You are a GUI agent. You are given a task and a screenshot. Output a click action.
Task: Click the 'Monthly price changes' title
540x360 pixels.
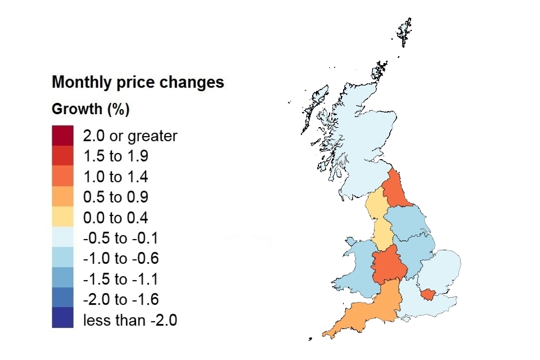138,82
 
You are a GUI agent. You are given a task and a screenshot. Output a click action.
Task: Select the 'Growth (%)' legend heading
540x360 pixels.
91,109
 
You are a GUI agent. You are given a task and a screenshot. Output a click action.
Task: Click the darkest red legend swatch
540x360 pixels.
62,136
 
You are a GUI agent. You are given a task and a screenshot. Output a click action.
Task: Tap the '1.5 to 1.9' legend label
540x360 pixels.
116,156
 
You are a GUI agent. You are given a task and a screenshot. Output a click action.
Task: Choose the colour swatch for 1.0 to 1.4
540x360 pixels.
62,176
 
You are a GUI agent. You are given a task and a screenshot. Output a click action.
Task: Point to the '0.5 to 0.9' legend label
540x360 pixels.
116,197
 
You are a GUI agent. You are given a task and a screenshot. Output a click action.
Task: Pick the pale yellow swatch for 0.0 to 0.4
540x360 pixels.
62,217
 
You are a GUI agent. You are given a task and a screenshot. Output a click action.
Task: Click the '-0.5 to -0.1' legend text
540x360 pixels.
120,238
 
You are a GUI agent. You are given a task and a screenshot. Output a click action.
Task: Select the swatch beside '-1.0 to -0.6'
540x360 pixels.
62,257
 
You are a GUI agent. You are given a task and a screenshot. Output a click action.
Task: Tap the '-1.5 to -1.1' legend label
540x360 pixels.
120,279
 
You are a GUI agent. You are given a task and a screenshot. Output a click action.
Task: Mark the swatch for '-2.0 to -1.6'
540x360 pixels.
62,298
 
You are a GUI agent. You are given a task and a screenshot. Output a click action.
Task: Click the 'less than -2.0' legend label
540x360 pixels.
130,320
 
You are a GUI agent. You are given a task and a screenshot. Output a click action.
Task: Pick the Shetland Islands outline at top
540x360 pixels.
404,31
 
